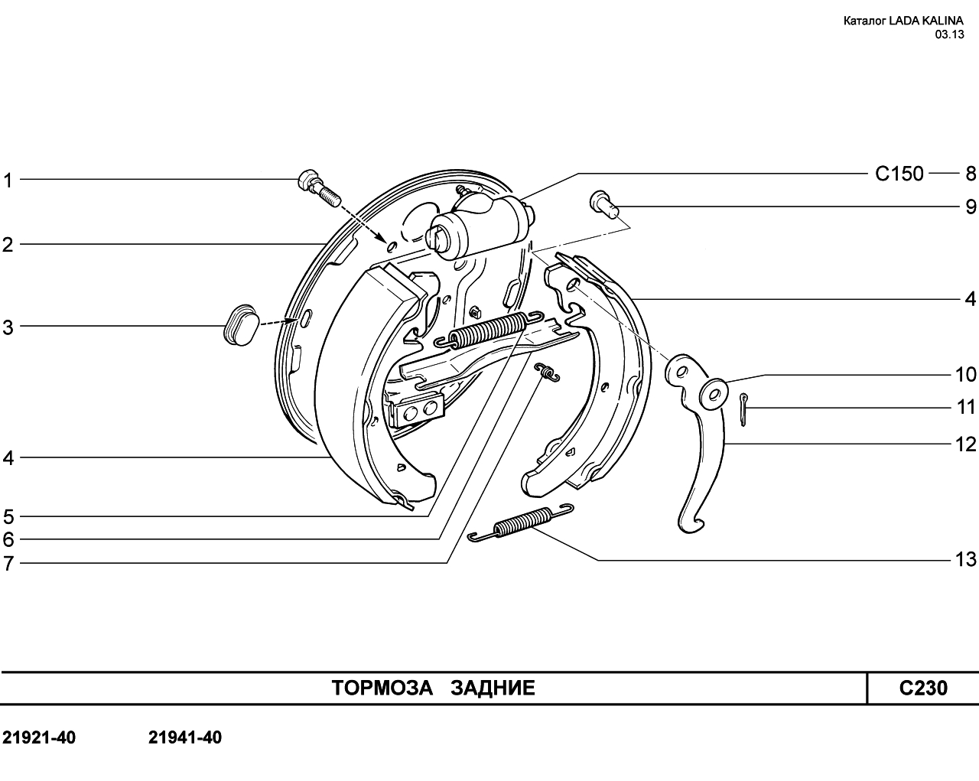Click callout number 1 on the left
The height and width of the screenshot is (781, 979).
[8, 181]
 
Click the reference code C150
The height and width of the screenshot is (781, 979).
[899, 174]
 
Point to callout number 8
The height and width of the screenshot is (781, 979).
[971, 174]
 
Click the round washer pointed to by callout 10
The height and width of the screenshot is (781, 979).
[714, 394]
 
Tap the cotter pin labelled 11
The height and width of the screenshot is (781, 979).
[743, 409]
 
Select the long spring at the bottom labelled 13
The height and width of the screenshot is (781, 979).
[521, 523]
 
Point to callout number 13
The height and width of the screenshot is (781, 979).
[966, 559]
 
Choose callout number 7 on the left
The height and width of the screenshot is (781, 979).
[8, 564]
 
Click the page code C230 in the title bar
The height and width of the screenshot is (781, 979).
[923, 688]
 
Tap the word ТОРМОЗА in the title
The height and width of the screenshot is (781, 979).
[382, 688]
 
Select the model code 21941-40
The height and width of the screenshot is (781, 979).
[184, 737]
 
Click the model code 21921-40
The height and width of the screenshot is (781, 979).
[39, 737]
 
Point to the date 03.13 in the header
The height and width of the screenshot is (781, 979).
[949, 34]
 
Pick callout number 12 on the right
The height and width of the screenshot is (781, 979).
[966, 444]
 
